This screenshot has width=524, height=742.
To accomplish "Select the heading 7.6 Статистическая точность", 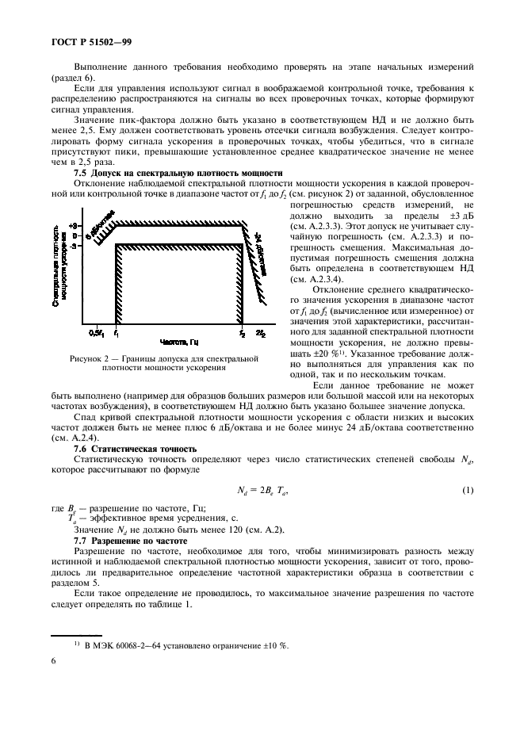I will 135,449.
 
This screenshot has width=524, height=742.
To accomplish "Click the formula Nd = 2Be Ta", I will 261,492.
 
